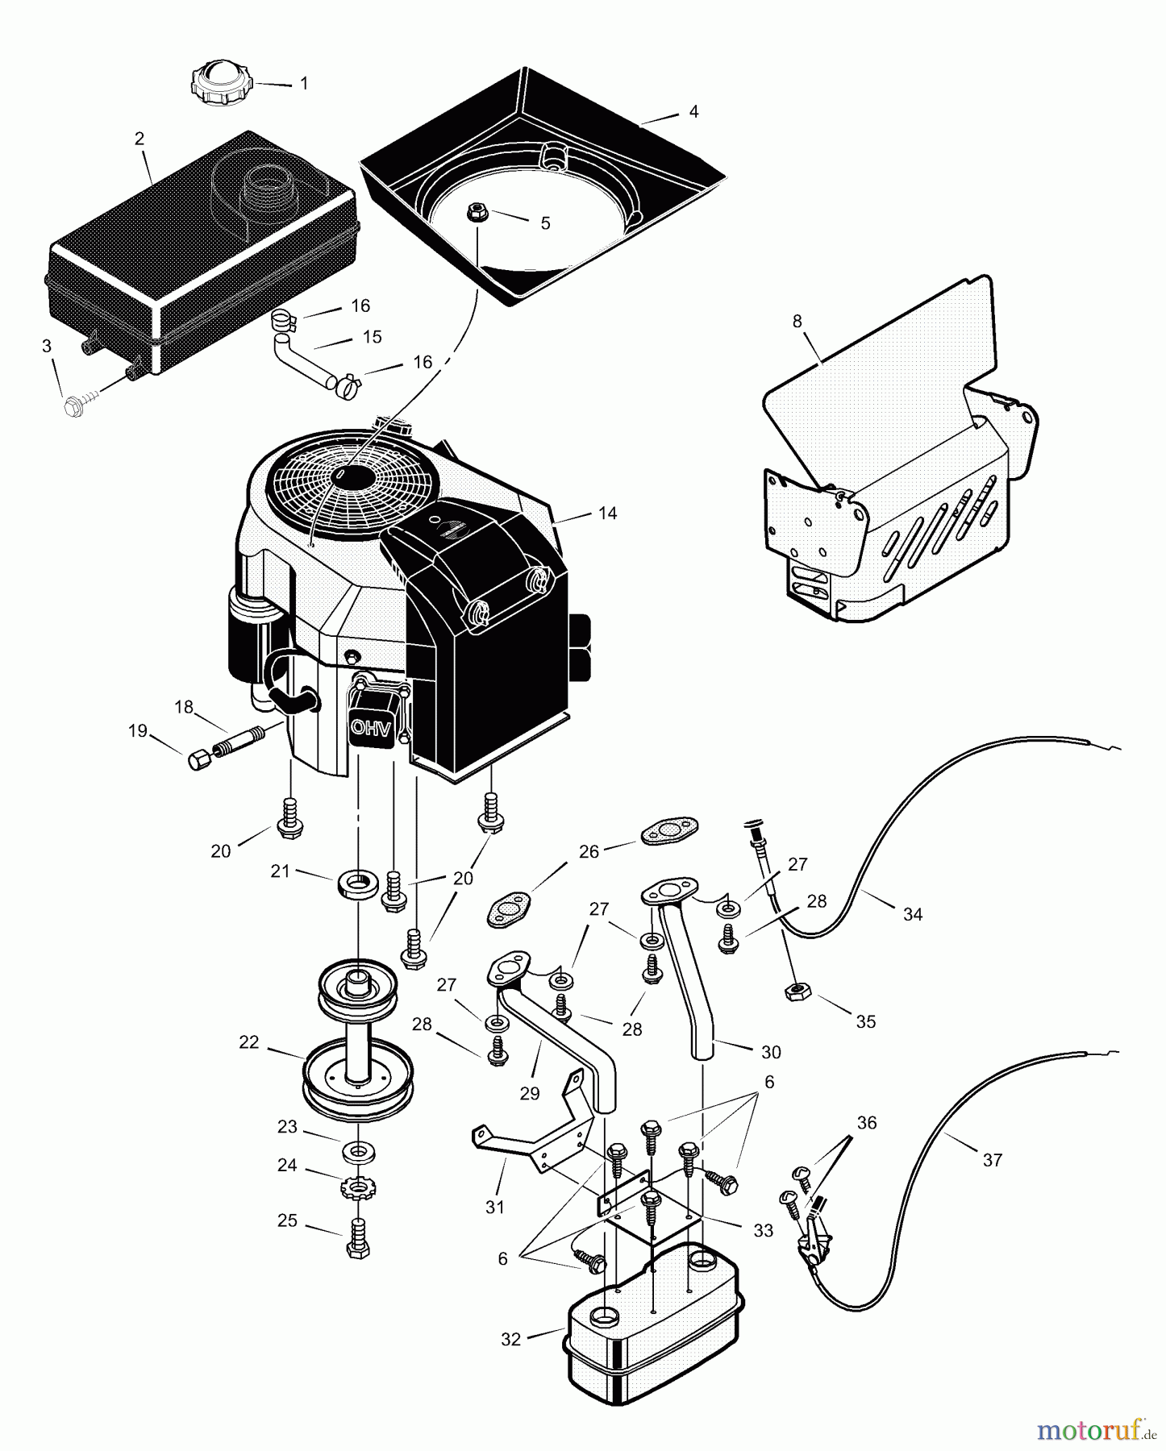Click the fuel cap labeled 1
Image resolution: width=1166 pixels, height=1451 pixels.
pos(221,82)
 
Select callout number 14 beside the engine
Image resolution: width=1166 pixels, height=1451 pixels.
pos(607,513)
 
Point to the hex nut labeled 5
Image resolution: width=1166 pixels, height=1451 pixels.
pos(477,213)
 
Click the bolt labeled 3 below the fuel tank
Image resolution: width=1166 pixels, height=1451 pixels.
pos(77,406)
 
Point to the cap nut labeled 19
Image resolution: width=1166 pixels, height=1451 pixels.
pos(198,759)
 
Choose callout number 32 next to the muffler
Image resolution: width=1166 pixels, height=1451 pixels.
pos(510,1339)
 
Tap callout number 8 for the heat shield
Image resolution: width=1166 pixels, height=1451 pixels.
pos(797,321)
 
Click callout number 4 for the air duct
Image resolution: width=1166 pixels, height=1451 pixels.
pos(693,112)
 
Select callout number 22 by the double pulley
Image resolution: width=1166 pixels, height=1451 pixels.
pos(248,1042)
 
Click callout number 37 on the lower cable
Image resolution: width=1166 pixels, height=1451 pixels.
pos(992,1159)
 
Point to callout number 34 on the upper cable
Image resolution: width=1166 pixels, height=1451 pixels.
pos(912,913)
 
